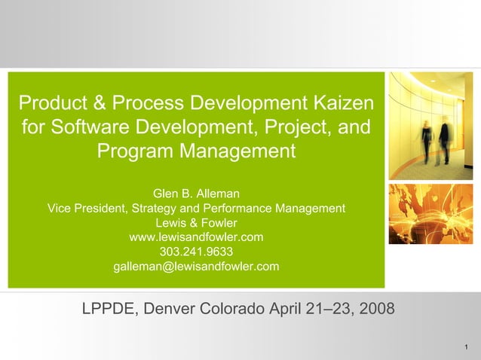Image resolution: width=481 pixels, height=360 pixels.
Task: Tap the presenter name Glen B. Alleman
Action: click(196, 194)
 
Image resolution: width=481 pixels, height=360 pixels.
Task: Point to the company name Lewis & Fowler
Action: click(196, 223)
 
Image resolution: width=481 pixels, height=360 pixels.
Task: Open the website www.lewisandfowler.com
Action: click(196, 237)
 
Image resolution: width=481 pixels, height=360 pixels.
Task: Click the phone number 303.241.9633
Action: click(196, 252)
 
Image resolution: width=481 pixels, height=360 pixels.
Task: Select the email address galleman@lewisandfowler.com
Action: click(196, 266)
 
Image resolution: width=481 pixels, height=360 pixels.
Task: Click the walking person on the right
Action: click(444, 139)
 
